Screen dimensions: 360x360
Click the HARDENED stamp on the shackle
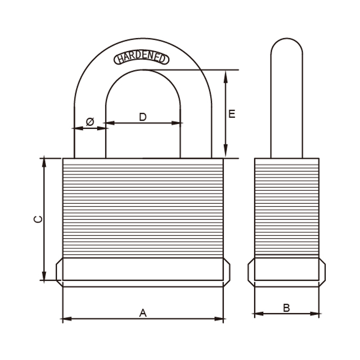click(x=141, y=58)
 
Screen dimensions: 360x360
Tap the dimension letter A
click(x=143, y=313)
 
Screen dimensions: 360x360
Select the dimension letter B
click(x=287, y=308)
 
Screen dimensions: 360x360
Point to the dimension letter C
click(x=38, y=219)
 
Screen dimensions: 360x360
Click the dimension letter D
click(x=143, y=117)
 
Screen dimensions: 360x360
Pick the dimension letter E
click(x=232, y=114)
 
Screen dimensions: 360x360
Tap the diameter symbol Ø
click(x=90, y=121)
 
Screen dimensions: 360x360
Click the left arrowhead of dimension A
click(x=67, y=319)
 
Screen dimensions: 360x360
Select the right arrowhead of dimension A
click(x=219, y=319)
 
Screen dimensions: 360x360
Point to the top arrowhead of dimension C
click(x=44, y=163)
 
